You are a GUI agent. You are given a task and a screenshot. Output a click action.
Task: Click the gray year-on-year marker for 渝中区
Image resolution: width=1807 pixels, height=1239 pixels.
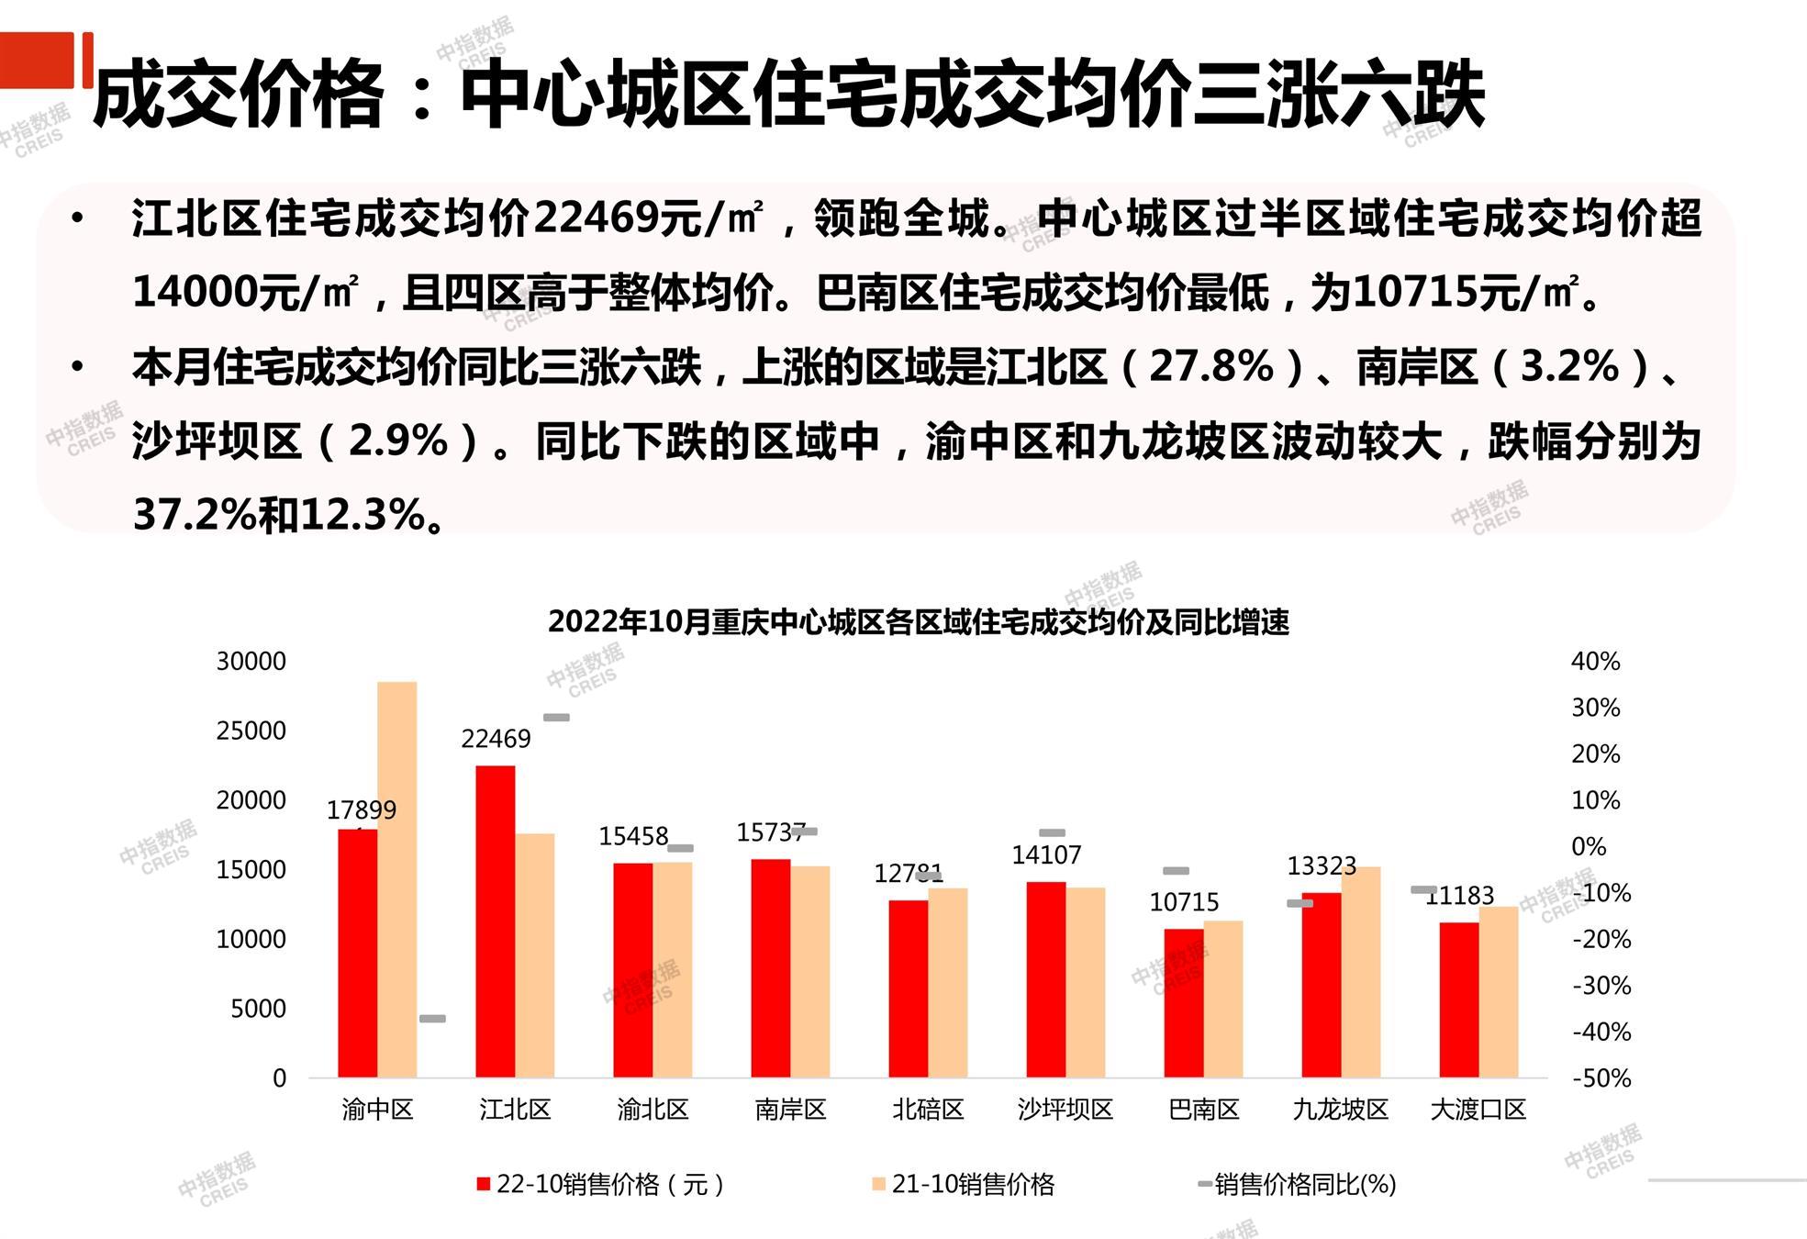432,1019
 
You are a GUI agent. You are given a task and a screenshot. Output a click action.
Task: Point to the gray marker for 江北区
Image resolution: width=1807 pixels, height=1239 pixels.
556,718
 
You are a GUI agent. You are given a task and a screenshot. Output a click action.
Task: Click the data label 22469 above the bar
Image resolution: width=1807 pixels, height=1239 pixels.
496,739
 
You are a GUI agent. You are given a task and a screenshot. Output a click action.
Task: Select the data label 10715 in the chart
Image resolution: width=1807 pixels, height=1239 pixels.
1184,902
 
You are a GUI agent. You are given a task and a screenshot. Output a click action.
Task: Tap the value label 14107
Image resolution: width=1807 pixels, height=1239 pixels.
1046,855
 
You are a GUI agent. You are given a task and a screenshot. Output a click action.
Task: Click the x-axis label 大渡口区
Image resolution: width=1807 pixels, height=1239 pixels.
1478,1110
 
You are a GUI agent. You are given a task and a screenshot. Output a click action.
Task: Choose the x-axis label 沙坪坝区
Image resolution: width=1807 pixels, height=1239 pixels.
1065,1110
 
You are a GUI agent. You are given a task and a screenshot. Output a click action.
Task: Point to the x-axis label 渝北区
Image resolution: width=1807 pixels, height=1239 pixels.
653,1110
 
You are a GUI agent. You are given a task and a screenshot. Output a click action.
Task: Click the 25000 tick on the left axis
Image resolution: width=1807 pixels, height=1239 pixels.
251,731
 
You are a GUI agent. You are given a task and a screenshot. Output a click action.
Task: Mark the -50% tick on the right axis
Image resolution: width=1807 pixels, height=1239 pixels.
1601,1078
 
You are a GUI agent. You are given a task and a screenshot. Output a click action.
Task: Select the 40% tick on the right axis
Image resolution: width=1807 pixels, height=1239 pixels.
1595,662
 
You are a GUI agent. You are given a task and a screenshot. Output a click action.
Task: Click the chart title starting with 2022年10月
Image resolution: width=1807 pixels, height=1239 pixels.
918,622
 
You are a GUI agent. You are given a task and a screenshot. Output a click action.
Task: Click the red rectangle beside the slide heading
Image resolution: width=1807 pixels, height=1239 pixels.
37,61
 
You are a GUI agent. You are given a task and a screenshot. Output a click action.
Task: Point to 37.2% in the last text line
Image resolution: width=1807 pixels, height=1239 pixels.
194,514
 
